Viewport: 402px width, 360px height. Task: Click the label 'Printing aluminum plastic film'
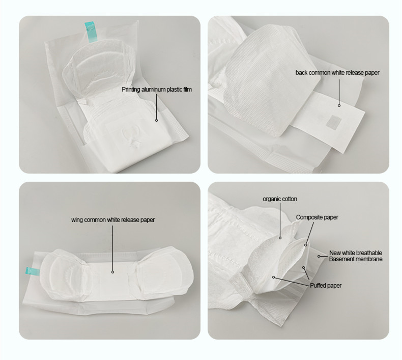point(157,90)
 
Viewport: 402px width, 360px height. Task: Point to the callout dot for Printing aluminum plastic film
point(156,121)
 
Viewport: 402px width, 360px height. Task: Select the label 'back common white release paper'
point(337,73)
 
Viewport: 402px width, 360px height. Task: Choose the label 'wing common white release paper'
point(113,220)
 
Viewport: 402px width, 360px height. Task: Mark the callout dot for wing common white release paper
point(113,271)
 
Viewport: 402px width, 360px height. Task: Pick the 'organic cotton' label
point(280,199)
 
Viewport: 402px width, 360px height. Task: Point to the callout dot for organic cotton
point(280,237)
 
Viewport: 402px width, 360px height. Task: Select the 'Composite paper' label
point(317,217)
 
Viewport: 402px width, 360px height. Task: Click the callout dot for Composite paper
point(306,245)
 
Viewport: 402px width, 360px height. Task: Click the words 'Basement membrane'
point(355,259)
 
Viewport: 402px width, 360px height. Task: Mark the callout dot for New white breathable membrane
point(319,256)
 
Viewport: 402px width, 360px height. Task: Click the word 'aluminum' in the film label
point(154,90)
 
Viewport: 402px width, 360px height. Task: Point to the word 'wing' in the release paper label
point(77,220)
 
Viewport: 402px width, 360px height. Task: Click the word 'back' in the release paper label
point(301,73)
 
